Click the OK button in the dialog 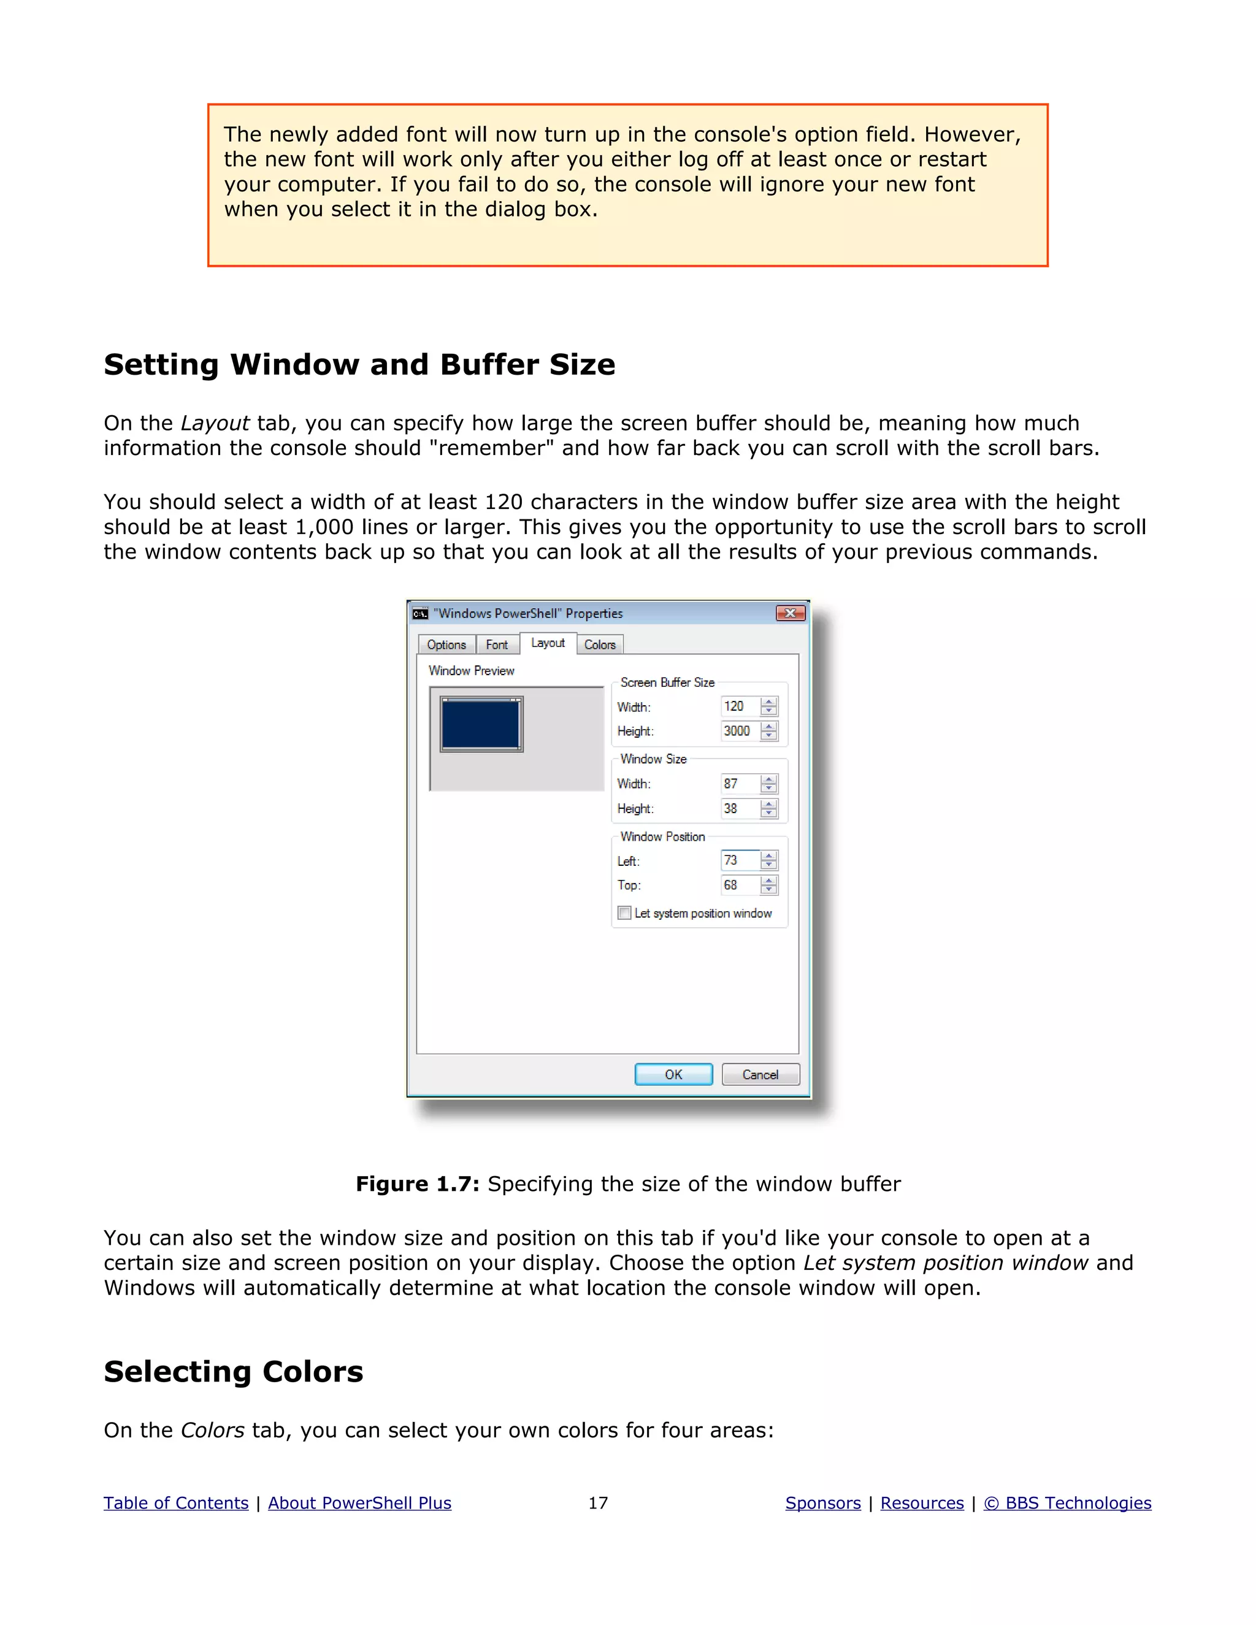(x=673, y=1074)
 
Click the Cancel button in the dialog (x=760, y=1074)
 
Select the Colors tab (x=599, y=644)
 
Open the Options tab (x=446, y=644)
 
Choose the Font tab (x=496, y=644)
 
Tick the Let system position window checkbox (x=624, y=913)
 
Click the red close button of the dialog (x=790, y=613)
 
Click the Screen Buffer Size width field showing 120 (x=739, y=706)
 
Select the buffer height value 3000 (x=739, y=731)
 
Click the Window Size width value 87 (x=739, y=784)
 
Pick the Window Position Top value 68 (x=739, y=885)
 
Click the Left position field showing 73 (x=739, y=860)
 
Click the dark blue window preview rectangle (x=481, y=724)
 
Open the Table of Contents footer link (x=175, y=1503)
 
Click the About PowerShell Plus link (x=359, y=1503)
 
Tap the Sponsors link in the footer (x=822, y=1503)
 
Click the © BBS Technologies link (x=1067, y=1503)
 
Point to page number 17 (x=597, y=1503)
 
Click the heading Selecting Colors (x=233, y=1371)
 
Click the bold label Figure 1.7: (x=418, y=1183)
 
